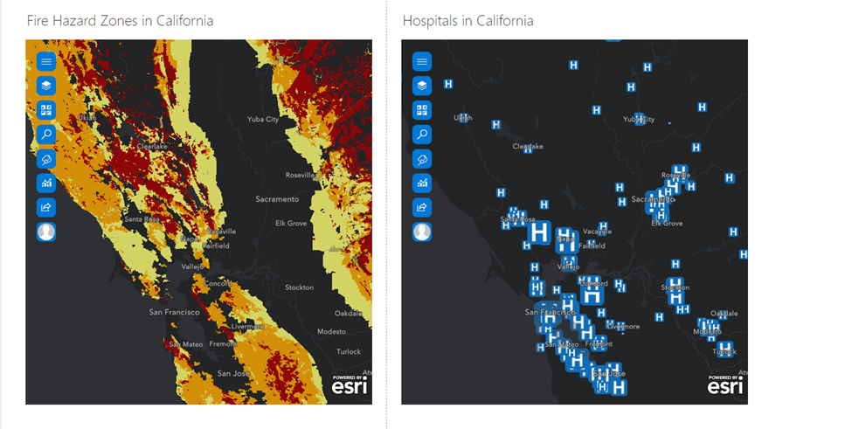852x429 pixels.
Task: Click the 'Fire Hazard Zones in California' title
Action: click(120, 20)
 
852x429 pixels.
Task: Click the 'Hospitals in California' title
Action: click(468, 20)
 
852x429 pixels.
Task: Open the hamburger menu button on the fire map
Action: click(46, 61)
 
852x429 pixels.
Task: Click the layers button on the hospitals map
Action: click(422, 86)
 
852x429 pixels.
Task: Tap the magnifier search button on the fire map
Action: click(46, 135)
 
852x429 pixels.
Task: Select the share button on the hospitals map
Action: click(422, 207)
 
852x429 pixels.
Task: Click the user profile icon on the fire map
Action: click(46, 232)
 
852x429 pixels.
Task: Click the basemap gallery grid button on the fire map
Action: click(46, 110)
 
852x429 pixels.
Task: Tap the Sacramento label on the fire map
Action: click(277, 199)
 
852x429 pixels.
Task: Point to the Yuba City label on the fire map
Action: click(262, 120)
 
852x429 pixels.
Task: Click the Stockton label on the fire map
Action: click(299, 287)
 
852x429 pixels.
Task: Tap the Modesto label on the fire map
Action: click(331, 332)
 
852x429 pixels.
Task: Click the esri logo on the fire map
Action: click(350, 385)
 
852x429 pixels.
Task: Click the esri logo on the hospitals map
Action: click(725, 385)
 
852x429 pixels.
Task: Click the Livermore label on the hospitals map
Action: click(624, 327)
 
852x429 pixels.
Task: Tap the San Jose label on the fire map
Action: click(233, 374)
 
